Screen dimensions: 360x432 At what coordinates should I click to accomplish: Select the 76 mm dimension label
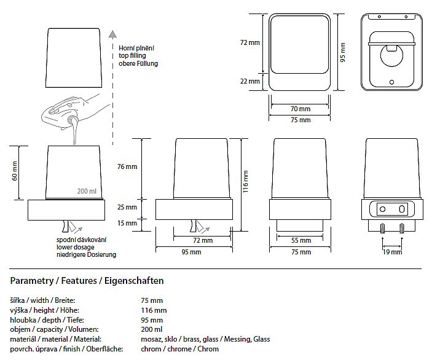tap(128, 166)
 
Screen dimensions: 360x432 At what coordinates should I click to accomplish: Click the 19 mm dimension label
tap(392, 252)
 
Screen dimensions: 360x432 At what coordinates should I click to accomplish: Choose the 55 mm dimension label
tap(300, 240)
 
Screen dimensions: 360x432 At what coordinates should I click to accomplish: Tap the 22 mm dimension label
tap(250, 81)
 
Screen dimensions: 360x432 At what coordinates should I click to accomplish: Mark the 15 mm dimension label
tap(128, 223)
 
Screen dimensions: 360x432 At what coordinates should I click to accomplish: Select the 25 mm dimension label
tap(128, 207)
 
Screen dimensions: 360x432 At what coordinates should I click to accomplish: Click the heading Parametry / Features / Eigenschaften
tap(87, 281)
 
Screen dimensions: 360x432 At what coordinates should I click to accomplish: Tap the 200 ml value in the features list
tap(151, 329)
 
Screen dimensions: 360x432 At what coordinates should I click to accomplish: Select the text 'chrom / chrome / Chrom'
tap(180, 349)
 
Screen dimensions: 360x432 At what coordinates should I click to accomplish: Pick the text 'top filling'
tap(134, 55)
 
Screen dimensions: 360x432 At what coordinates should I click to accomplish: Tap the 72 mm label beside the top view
tap(250, 42)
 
